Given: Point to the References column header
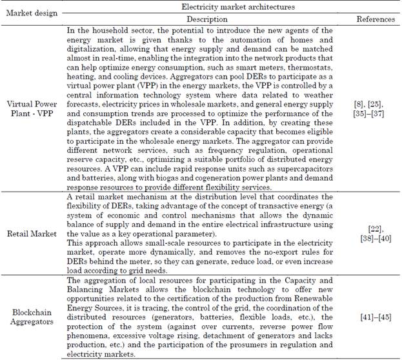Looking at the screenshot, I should tap(376, 18).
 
